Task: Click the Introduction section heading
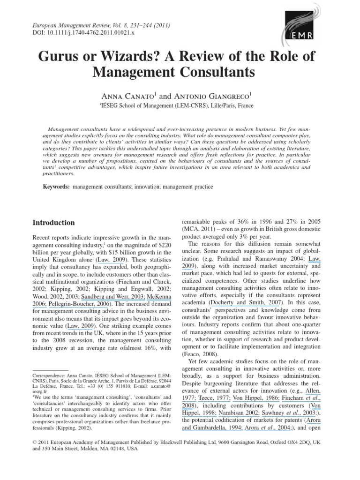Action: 53,223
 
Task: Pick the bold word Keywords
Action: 45,187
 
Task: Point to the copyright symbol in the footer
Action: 33,455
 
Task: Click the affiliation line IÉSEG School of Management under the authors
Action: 177,105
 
